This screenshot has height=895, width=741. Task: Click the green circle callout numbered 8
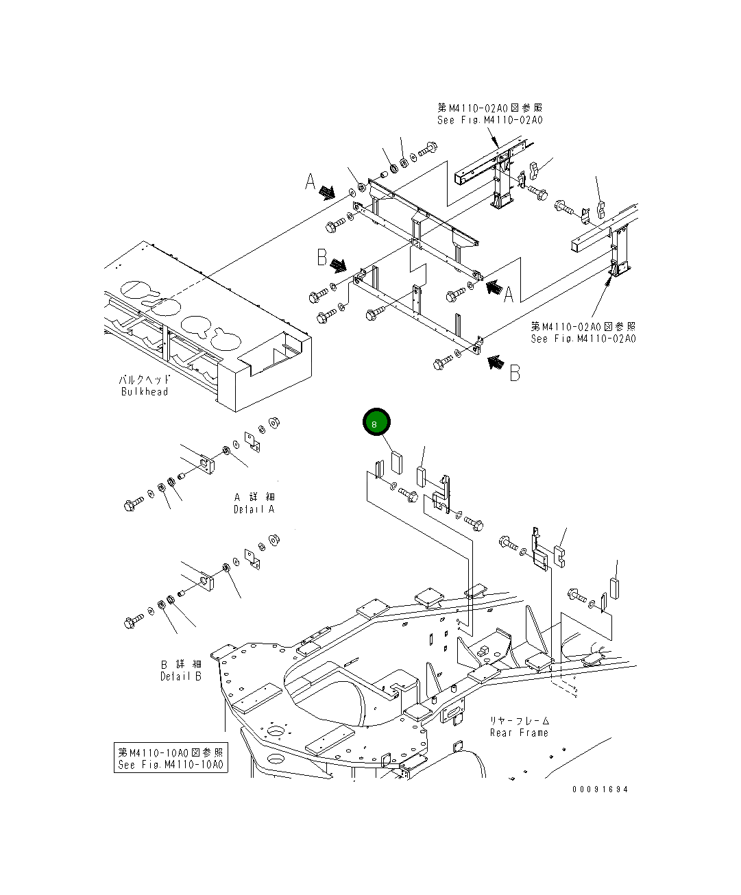click(x=376, y=424)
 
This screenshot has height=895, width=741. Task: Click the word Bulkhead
click(x=144, y=392)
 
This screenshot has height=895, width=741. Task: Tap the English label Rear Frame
click(x=519, y=733)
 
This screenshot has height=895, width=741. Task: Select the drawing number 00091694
click(x=600, y=789)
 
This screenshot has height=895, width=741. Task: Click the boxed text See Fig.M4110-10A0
click(x=171, y=765)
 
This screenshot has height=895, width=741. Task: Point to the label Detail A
click(x=254, y=509)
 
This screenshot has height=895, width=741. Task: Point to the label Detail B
click(x=181, y=676)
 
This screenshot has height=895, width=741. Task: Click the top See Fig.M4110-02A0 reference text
click(x=489, y=120)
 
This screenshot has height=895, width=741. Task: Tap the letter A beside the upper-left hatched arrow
click(x=311, y=182)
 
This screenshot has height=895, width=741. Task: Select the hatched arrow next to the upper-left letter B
click(x=338, y=265)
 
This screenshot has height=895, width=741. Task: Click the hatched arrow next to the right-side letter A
click(x=492, y=286)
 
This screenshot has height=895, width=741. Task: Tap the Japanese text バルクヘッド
click(x=144, y=379)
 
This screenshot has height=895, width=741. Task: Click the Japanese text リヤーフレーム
click(x=519, y=720)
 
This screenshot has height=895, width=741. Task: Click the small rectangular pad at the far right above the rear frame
click(x=615, y=587)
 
